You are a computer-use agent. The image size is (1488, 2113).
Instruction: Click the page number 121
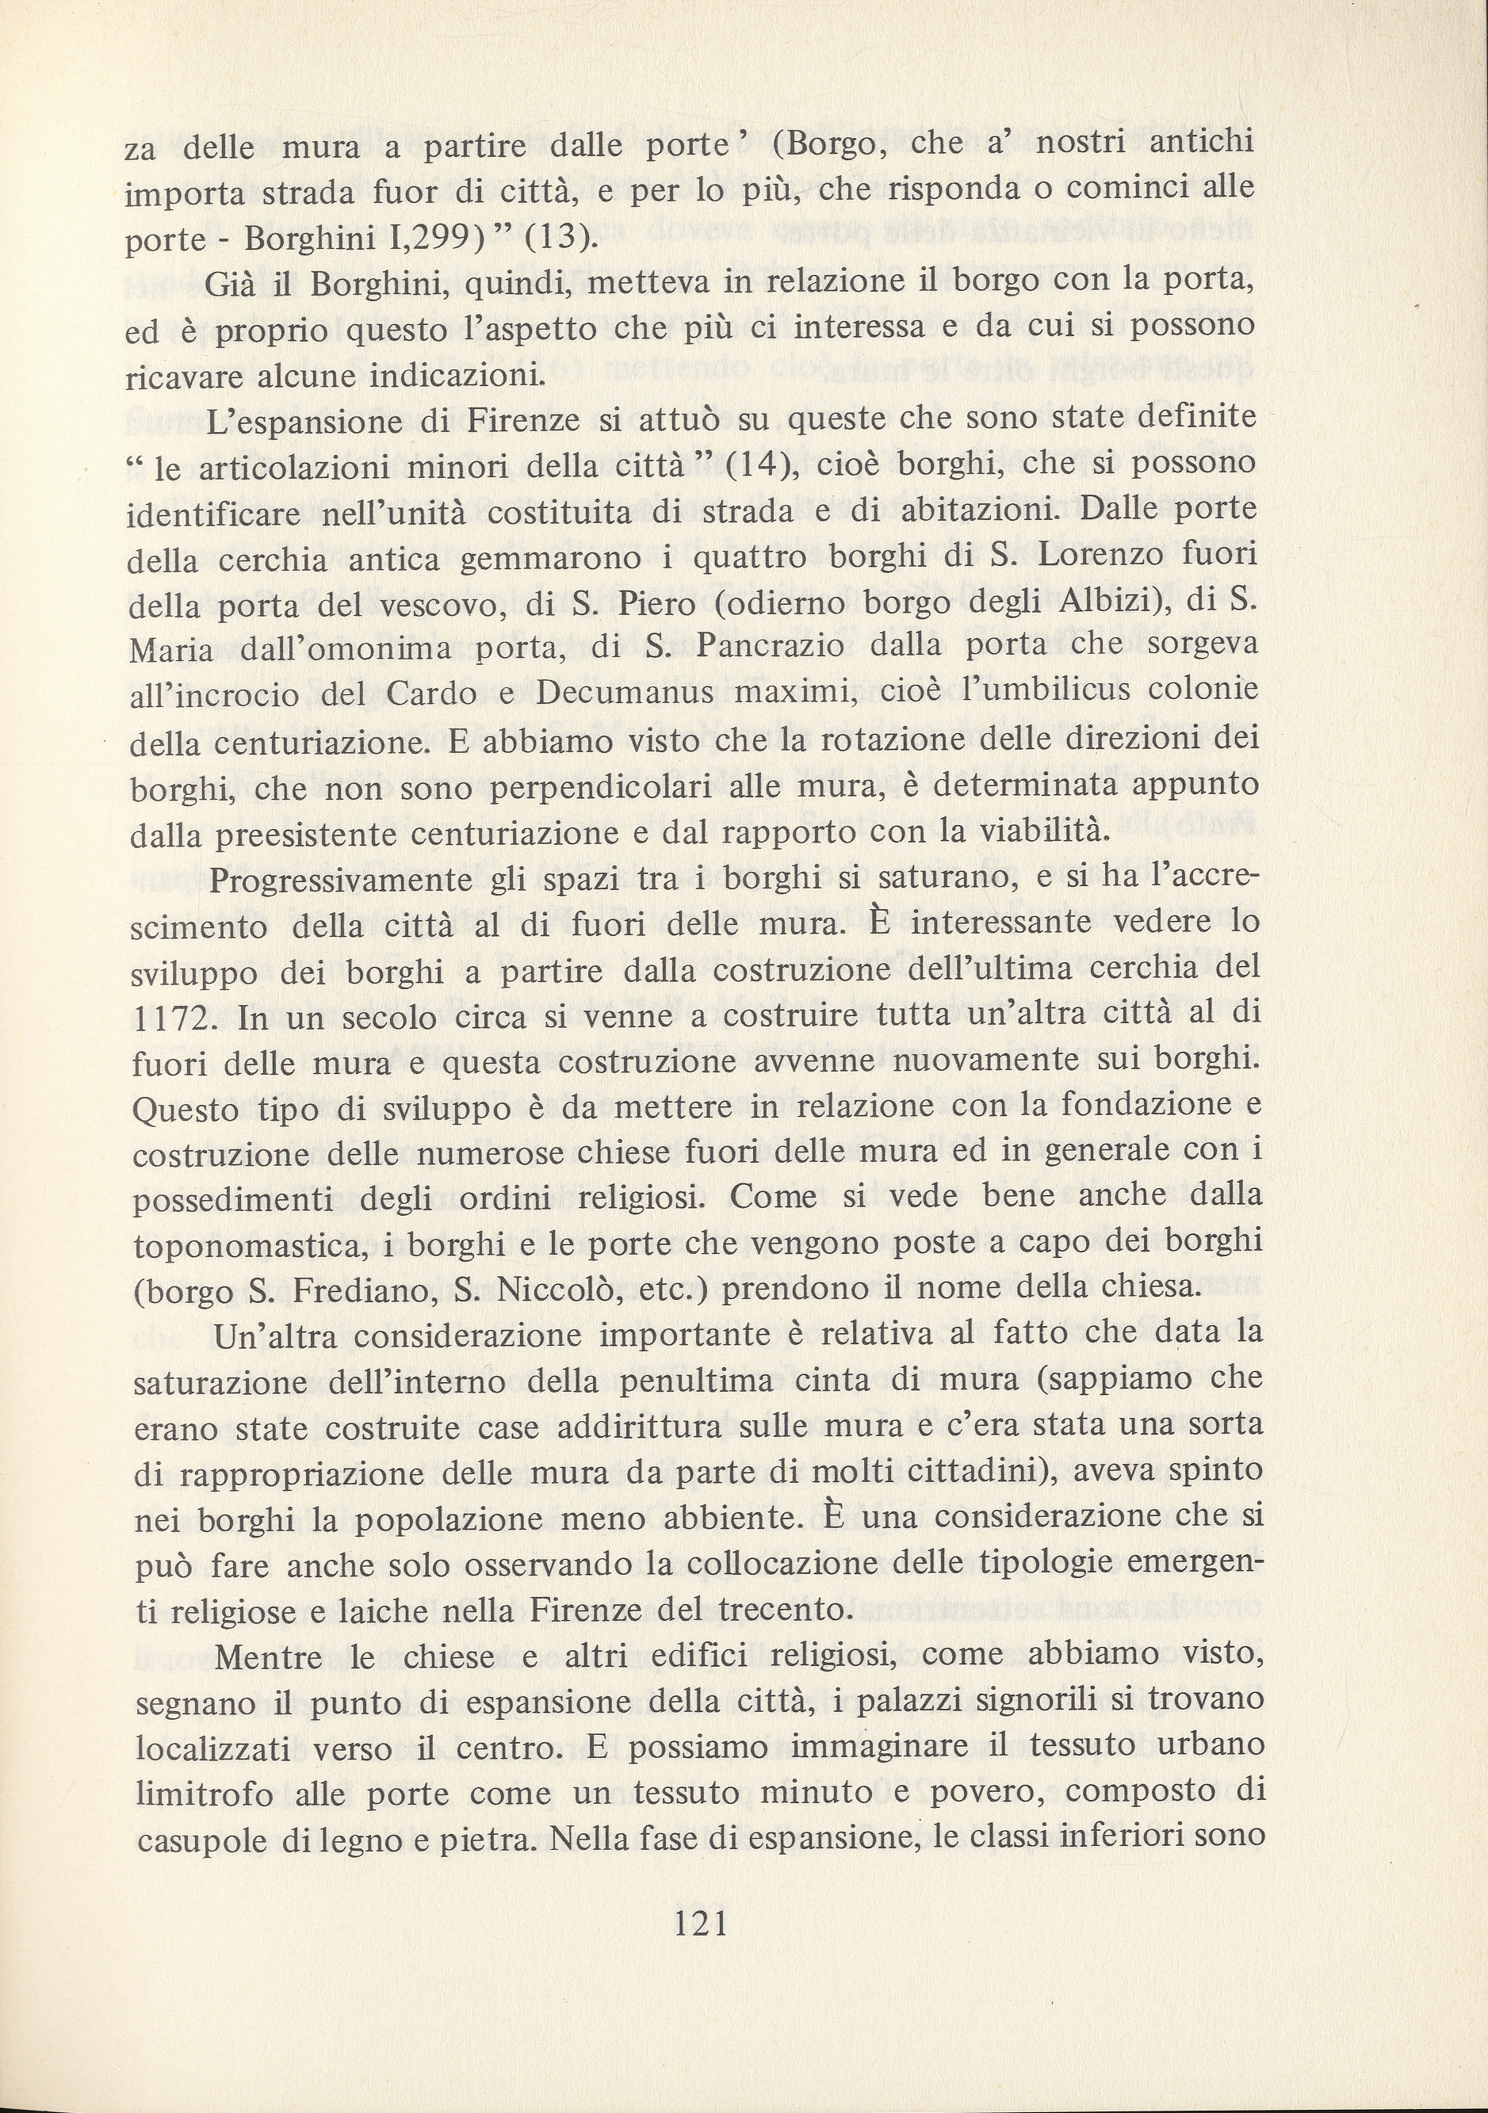pos(702,1924)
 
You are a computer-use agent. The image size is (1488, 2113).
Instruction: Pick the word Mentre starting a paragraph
pos(268,1656)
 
